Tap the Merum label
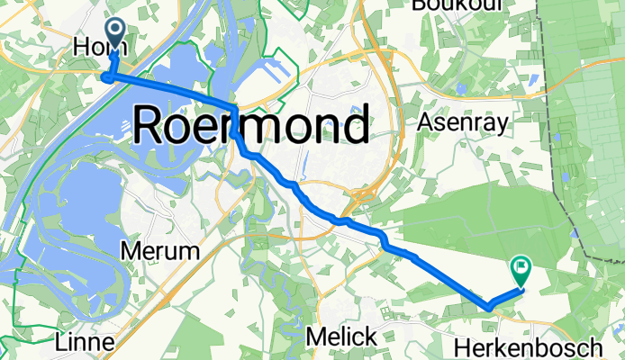159,251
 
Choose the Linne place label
84,343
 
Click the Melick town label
340,337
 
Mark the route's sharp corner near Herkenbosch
489,307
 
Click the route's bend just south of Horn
107,77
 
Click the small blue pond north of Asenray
461,88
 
